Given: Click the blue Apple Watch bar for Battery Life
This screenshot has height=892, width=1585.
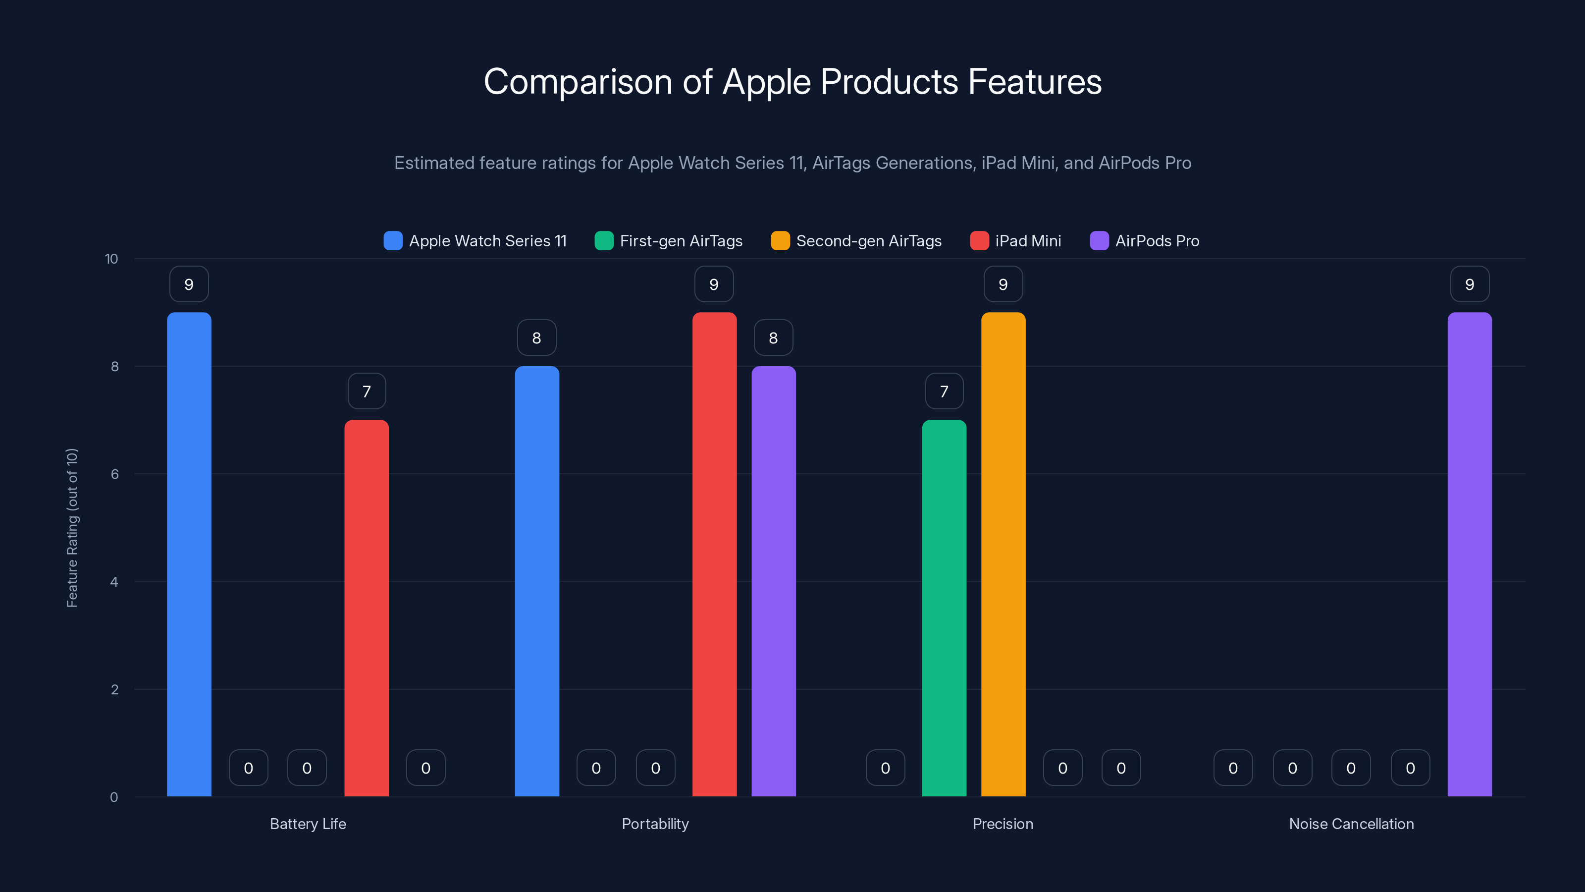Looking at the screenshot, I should point(189,554).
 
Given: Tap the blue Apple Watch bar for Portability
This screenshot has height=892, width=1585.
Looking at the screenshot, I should point(536,581).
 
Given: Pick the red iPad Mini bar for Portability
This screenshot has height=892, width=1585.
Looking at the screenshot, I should point(714,554).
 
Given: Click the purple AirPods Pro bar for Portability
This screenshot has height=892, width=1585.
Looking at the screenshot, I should point(773,581).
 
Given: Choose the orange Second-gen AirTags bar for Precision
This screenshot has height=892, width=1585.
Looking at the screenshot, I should point(1003,554).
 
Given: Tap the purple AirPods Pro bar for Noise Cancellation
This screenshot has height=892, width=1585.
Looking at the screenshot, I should point(1469,554).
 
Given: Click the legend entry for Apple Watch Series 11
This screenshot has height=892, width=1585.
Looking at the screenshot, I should point(475,241).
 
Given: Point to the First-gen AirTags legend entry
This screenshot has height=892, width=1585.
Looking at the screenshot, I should point(669,241).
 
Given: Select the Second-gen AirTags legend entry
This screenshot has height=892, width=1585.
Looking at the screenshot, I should point(856,241).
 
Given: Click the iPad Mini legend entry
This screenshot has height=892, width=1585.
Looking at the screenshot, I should point(1016,241).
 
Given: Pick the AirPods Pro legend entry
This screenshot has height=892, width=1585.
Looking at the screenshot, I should point(1145,241).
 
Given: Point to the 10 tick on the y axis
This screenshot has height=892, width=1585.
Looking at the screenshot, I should point(111,259).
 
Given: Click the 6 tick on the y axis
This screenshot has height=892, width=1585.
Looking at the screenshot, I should point(114,474).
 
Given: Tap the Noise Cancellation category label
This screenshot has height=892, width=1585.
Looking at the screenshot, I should point(1351,824).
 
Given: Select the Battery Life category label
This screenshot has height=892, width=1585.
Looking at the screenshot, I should point(308,824).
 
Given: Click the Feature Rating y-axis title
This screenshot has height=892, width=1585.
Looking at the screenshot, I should point(72,528).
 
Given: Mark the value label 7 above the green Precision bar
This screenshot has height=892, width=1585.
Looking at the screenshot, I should point(944,391).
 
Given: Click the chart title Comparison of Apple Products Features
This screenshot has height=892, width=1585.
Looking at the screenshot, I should point(792,82).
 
